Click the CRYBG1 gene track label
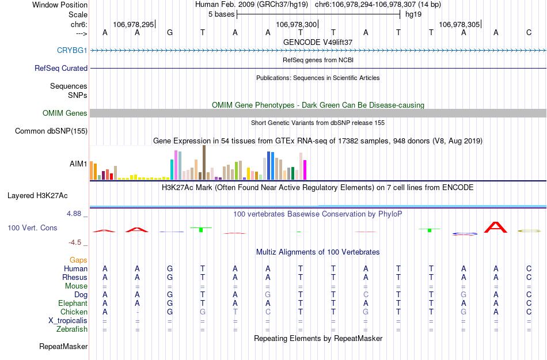pos(72,50)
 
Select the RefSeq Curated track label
pos(61,68)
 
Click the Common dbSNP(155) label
pos(51,131)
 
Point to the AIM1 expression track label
pos(78,164)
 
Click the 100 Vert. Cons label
pos(32,228)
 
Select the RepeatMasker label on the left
pos(63,347)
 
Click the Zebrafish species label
pos(72,329)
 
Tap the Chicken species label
pos(74,312)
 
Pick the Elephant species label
pos(73,303)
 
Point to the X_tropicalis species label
pos(68,321)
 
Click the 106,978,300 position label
pos(296,24)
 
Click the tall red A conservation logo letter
pos(496,227)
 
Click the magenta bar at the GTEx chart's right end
pos(305,170)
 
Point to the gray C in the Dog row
pos(366,294)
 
